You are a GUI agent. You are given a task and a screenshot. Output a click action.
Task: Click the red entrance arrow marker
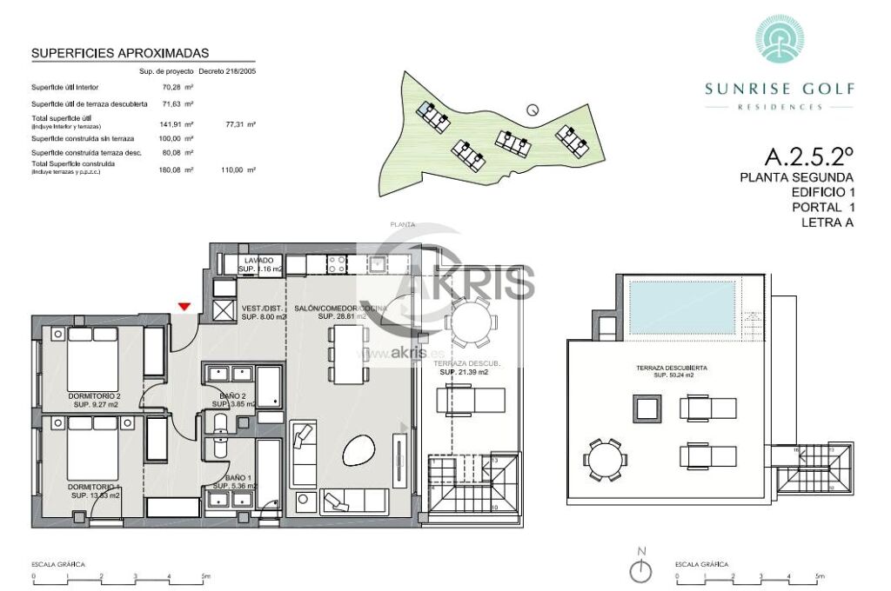[184, 306]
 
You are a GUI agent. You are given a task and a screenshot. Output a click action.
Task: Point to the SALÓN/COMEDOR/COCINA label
[339, 308]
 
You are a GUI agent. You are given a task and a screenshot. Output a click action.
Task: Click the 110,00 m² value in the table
[240, 169]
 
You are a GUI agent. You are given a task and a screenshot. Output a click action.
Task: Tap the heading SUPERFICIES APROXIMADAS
[120, 53]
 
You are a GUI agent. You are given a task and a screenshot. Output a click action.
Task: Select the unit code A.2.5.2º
[808, 157]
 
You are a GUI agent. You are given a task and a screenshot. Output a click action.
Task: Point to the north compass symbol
[641, 569]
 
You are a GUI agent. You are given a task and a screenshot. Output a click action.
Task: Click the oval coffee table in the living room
[358, 449]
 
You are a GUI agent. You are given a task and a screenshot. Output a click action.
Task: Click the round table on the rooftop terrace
[604, 458]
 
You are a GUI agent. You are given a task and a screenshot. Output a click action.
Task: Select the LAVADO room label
[259, 261]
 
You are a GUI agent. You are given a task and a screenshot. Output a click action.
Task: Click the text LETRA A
[826, 222]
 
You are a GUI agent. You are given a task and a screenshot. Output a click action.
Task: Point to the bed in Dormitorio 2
[93, 359]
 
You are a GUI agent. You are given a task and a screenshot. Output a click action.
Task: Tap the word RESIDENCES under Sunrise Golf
[779, 107]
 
